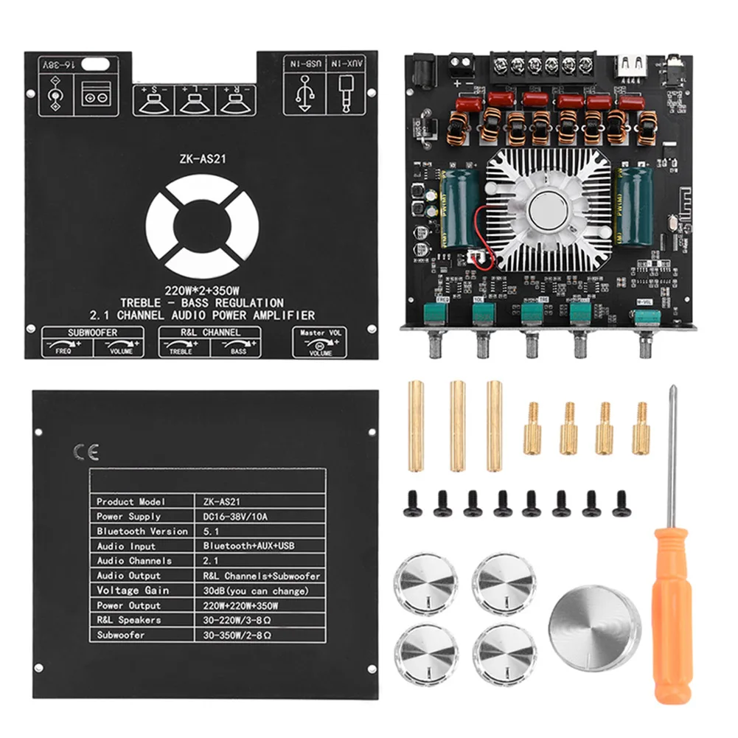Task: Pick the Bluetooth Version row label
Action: pyautogui.click(x=142, y=531)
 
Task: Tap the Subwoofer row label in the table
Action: pyautogui.click(x=121, y=635)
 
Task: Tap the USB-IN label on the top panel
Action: pyautogui.click(x=305, y=65)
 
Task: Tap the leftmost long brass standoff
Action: pyautogui.click(x=416, y=425)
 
